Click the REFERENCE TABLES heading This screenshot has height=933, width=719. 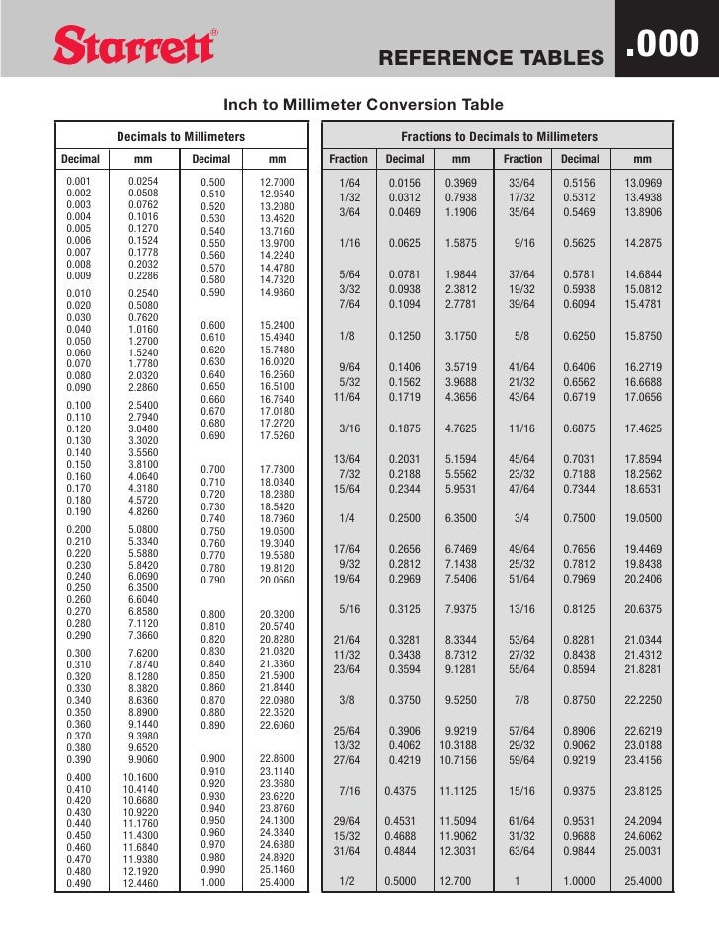tap(490, 59)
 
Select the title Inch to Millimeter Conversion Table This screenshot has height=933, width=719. tap(363, 105)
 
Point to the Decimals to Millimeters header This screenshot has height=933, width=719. tap(181, 136)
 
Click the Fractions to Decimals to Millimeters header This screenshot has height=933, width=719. tap(498, 136)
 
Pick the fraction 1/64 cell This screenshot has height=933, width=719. tap(348, 184)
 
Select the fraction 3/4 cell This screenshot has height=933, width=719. tap(521, 518)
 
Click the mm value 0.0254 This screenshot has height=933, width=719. tap(144, 182)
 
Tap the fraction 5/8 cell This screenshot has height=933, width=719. tap(521, 336)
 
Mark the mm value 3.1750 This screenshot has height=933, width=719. tap(460, 336)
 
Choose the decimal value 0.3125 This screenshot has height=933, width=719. tap(405, 609)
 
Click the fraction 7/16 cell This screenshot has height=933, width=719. tap(348, 791)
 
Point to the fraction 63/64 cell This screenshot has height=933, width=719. tap(521, 851)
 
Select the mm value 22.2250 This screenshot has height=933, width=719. tap(643, 700)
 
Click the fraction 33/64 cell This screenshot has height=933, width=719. tap(521, 184)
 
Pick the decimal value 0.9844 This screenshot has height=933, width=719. tap(580, 851)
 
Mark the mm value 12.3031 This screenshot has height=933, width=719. tap(460, 851)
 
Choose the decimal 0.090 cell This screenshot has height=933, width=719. tap(75, 387)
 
